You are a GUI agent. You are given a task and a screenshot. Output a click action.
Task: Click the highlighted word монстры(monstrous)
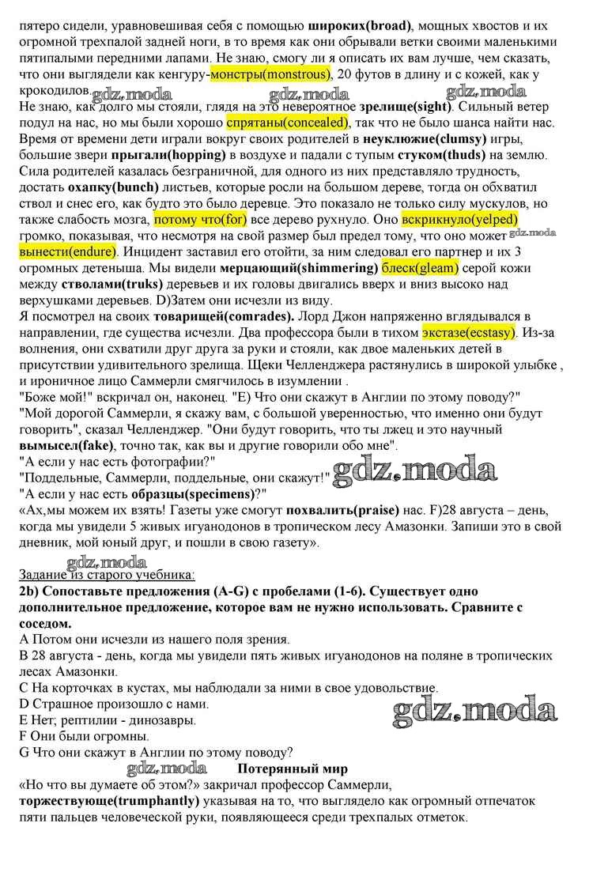point(270,75)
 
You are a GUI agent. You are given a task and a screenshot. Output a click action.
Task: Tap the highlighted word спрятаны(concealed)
point(287,123)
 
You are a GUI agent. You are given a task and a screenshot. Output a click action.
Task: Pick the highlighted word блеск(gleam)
point(421,267)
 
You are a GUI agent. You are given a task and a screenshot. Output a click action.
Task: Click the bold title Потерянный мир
point(293,767)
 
